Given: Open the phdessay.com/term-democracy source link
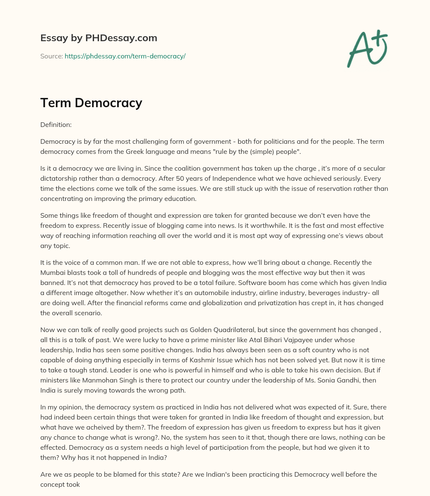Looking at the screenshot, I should tap(125, 56).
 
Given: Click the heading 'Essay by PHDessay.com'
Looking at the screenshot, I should tap(99, 38).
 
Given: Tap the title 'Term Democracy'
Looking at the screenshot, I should tap(91, 103).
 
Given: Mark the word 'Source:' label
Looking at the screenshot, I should tap(51, 56).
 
